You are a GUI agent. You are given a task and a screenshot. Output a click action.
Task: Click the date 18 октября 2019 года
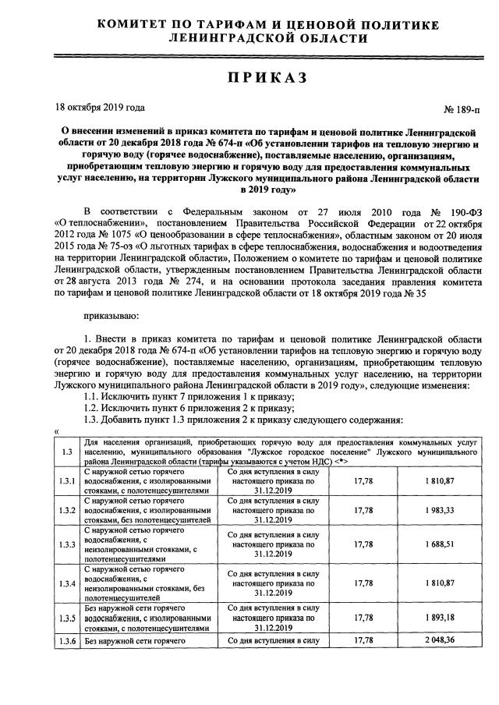[x=99, y=108]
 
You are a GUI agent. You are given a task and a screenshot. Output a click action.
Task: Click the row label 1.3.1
[x=68, y=481]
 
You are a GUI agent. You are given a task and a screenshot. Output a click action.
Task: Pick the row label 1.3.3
[x=68, y=545]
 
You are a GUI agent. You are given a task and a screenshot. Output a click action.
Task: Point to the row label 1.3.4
[x=68, y=583]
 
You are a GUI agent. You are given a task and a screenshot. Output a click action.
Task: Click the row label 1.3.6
[x=68, y=641]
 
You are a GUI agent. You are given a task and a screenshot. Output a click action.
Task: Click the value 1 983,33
[x=440, y=510]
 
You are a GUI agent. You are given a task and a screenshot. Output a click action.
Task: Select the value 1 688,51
[x=440, y=545]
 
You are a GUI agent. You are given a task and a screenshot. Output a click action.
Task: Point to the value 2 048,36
[x=440, y=641]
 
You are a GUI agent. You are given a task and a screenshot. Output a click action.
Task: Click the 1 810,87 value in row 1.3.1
[x=440, y=481]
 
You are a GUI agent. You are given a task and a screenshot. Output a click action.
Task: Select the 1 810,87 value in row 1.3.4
[x=440, y=583]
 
